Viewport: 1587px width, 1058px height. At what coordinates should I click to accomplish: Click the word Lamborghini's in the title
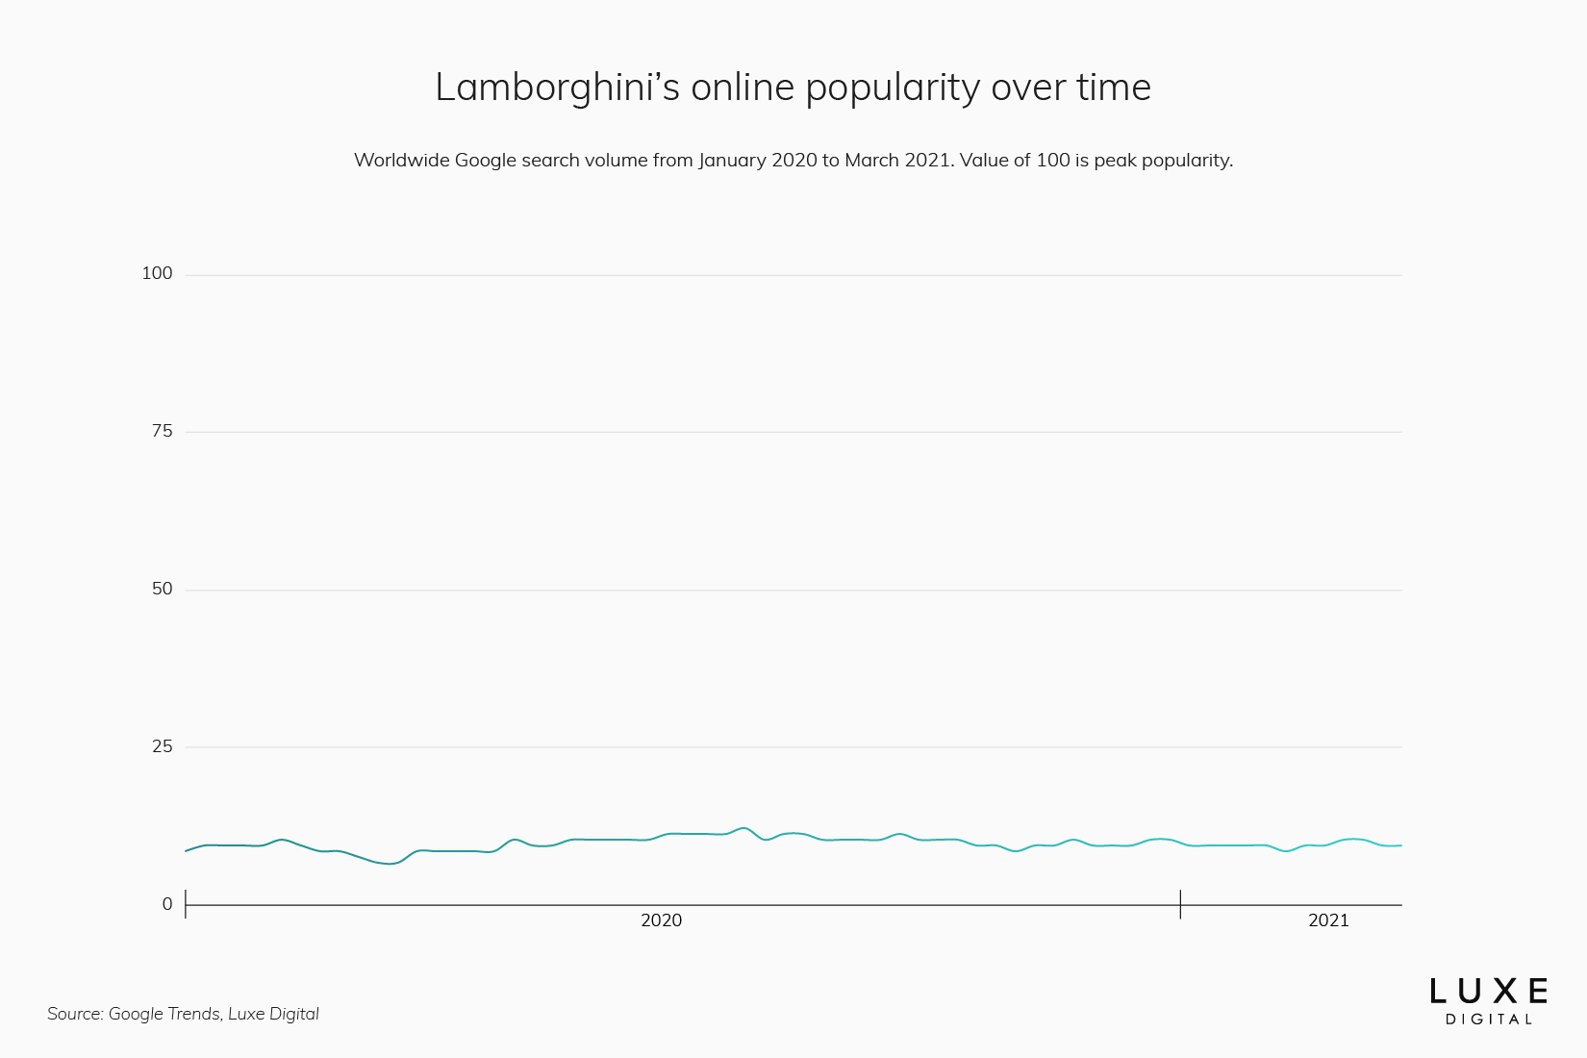click(x=557, y=88)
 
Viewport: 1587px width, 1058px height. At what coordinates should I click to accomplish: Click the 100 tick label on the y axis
click(x=157, y=273)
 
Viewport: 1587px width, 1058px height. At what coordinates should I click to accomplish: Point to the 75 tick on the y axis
click(x=162, y=431)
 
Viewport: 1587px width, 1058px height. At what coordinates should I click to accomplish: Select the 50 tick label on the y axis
click(x=162, y=589)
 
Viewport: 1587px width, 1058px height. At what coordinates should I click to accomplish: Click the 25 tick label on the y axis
click(x=162, y=746)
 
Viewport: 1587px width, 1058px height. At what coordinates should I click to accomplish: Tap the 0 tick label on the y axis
click(x=167, y=904)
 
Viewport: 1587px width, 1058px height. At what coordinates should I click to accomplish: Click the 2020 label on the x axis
click(x=661, y=920)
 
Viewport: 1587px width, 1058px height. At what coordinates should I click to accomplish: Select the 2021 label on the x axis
click(x=1328, y=920)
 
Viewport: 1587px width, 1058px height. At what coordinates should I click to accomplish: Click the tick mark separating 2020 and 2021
click(x=1180, y=904)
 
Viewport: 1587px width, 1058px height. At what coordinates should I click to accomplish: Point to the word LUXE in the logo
click(x=1489, y=992)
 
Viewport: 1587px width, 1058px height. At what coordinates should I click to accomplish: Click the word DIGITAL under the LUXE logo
click(x=1489, y=1020)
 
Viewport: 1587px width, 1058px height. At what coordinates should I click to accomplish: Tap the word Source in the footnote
click(x=74, y=1014)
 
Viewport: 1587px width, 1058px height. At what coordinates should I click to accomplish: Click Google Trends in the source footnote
click(x=164, y=1014)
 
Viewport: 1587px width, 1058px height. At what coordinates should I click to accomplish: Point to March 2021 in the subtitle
click(x=898, y=161)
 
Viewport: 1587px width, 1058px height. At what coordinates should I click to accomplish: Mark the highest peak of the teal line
click(x=743, y=828)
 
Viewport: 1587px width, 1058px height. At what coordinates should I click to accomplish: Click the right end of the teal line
click(x=1400, y=845)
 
